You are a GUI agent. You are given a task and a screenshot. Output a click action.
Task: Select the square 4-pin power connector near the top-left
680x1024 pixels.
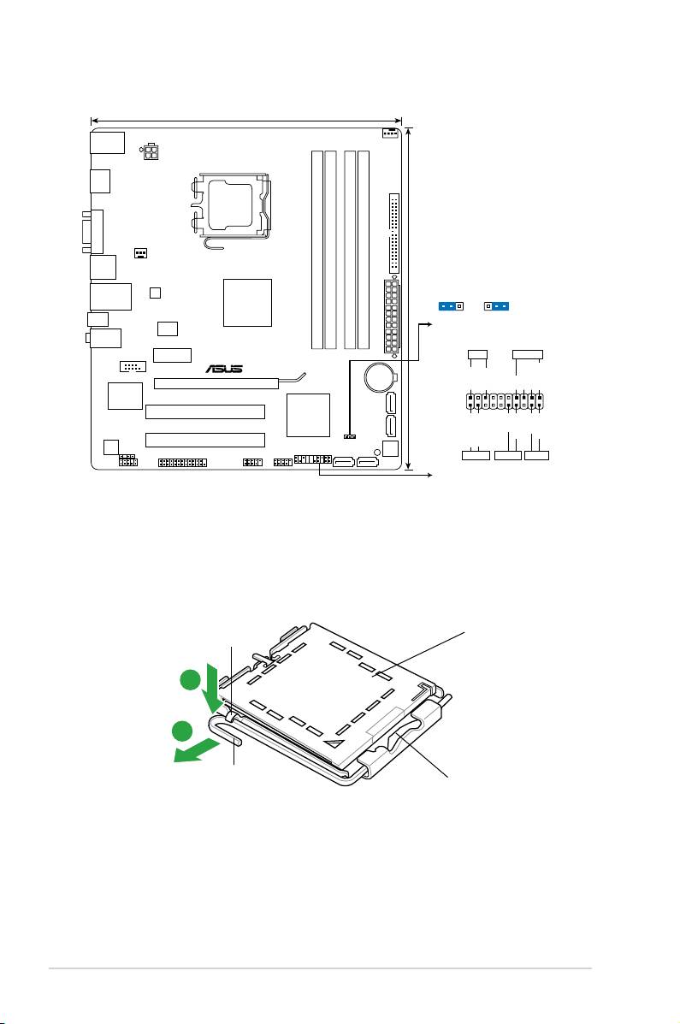tap(151, 151)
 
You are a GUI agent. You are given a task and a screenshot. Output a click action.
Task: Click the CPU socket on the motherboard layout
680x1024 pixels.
tap(230, 205)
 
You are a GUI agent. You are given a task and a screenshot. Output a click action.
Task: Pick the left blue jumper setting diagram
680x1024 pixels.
tap(451, 305)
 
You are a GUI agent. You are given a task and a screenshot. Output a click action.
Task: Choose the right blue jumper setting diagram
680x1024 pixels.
tap(497, 305)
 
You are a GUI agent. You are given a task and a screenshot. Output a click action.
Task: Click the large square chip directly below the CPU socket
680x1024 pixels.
tap(247, 302)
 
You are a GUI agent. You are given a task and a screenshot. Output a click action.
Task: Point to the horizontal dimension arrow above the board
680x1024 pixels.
tap(246, 121)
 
